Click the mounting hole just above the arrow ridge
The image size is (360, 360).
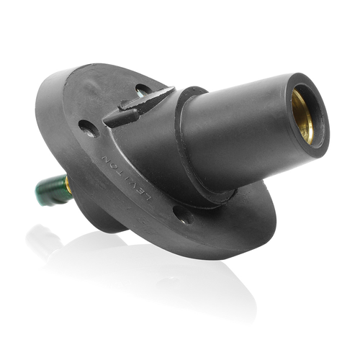[143, 90]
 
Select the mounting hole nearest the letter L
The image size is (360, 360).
[184, 215]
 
